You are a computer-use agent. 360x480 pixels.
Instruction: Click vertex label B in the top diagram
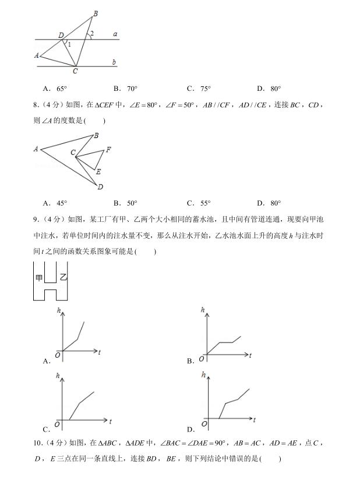coord(96,13)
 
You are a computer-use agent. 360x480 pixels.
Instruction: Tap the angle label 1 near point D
coord(69,44)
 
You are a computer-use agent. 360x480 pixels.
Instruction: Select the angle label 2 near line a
coord(92,33)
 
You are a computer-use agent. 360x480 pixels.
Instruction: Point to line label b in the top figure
coord(114,62)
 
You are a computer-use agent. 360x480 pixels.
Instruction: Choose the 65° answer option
coord(56,89)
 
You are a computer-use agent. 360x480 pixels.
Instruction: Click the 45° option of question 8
coord(56,203)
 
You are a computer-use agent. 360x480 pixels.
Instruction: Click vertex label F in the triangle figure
coord(108,150)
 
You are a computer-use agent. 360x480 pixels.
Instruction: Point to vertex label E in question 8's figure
coord(98,172)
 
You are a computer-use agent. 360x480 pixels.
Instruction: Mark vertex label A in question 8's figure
coord(36,149)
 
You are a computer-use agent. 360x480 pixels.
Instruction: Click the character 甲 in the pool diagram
coord(39,278)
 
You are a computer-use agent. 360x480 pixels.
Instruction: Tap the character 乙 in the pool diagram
coord(63,278)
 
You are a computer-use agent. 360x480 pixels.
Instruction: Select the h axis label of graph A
coord(59,310)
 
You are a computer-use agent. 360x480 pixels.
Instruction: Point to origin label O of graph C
coord(57,423)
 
